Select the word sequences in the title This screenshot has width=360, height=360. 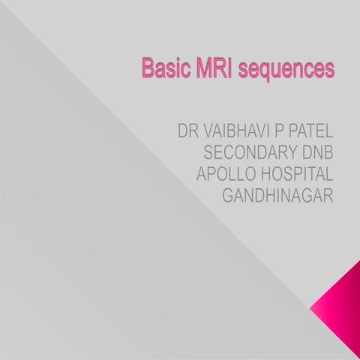click(x=286, y=70)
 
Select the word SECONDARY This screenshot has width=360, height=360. click(x=249, y=152)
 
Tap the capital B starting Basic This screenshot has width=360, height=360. click(x=148, y=69)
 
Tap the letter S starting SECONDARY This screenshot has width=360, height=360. click(x=209, y=152)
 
